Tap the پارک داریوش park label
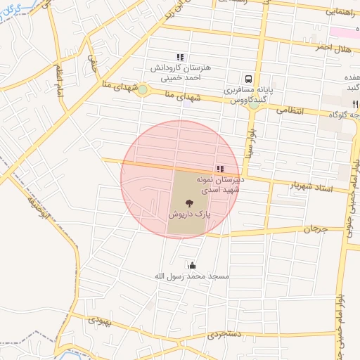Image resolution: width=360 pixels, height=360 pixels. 190,213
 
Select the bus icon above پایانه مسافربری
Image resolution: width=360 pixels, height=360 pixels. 248,79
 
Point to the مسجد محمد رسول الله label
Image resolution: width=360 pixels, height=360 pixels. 192,276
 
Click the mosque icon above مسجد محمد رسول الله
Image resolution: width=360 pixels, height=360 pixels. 192,265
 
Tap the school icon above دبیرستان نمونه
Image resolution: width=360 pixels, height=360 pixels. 220,169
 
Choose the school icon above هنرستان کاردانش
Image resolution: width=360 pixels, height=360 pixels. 180,58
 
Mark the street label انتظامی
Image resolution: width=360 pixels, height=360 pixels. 290,110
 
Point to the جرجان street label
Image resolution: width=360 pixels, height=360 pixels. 316,229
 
